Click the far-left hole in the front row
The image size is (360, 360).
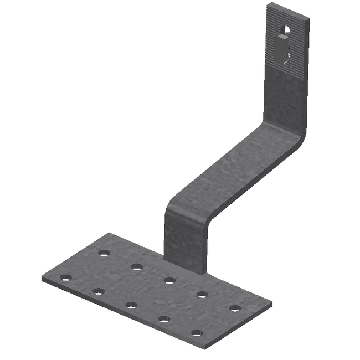(66, 277)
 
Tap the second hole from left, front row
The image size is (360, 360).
(99, 291)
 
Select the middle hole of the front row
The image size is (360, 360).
(131, 305)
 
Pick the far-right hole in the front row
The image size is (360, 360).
(197, 333)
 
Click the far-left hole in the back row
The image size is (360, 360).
(104, 253)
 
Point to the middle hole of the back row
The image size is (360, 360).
(169, 280)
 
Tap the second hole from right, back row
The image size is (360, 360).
(202, 294)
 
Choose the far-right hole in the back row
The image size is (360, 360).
(235, 308)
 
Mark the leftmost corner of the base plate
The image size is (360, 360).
(43, 277)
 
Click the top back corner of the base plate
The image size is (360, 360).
(110, 234)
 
